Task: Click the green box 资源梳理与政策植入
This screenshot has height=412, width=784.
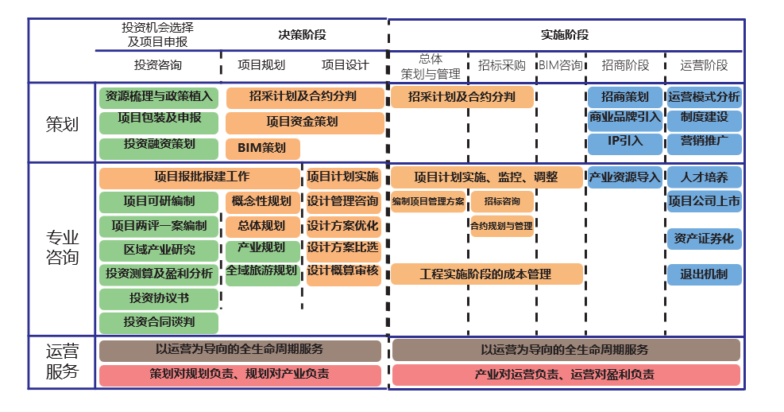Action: click(159, 97)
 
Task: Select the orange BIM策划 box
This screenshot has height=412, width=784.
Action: click(262, 148)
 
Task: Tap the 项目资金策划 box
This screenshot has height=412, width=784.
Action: click(304, 122)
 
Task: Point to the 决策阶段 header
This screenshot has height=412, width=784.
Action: click(302, 35)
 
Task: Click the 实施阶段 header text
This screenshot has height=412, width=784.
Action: click(565, 35)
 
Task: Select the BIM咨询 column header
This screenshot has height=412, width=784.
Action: click(561, 65)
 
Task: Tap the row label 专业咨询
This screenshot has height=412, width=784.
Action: click(62, 247)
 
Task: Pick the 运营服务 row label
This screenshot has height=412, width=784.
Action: click(62, 362)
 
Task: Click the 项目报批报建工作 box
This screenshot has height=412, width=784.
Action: click(201, 177)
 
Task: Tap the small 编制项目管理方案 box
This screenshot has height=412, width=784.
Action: click(428, 202)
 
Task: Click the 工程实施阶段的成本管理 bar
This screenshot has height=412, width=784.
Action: click(486, 274)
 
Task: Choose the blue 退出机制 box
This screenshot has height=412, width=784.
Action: click(704, 274)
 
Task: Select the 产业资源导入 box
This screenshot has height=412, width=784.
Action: click(624, 177)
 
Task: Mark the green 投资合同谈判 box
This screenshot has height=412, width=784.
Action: click(159, 322)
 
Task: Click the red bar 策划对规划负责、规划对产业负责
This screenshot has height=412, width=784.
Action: click(240, 374)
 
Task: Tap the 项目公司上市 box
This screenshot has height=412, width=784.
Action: click(704, 201)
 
